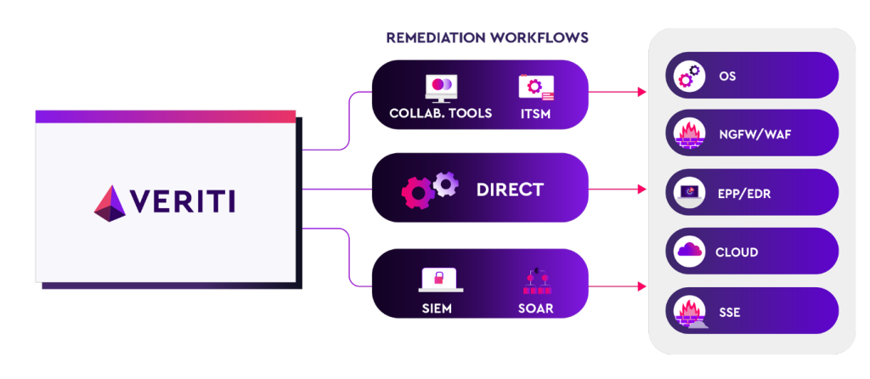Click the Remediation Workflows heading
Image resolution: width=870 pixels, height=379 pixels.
tap(487, 38)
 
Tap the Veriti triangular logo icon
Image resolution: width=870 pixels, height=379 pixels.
tap(110, 201)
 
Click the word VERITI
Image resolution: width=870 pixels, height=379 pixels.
tap(183, 202)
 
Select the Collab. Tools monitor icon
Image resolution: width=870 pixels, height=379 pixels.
tap(441, 88)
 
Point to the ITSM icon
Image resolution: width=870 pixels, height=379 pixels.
tap(536, 88)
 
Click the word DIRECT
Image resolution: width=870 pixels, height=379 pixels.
tap(509, 189)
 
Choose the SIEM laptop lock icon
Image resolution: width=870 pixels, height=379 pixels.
tap(440, 280)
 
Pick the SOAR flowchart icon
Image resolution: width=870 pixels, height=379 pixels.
tap(535, 281)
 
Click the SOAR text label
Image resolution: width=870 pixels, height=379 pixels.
tap(535, 308)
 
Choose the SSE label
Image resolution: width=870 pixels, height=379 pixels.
tap(728, 312)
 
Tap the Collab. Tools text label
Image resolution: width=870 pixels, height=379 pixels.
tap(440, 113)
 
